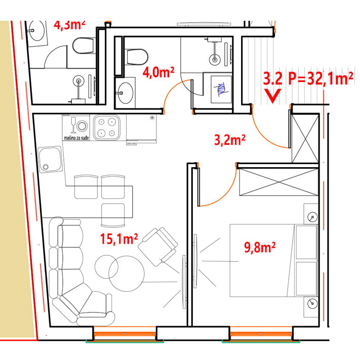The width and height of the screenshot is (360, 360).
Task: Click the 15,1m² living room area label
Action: point(119,239)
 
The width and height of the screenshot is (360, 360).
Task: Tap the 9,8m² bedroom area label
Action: point(260,247)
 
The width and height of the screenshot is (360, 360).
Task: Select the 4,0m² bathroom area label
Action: point(158,72)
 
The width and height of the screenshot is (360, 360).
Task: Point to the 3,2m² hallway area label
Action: point(229,140)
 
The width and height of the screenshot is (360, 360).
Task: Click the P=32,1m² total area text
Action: point(321,78)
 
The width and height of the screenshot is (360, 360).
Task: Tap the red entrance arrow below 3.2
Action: point(272,96)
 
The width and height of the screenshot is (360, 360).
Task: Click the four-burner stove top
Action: point(107,128)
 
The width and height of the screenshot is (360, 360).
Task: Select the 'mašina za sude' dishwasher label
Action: point(76,138)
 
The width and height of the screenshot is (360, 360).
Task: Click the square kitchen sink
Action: point(50,159)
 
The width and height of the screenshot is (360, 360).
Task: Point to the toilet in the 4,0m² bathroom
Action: point(137,57)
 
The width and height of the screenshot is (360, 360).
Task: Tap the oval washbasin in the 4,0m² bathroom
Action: point(125,93)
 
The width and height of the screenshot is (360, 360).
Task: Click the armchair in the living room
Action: point(158,247)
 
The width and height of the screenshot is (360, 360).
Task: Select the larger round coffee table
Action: point(127,274)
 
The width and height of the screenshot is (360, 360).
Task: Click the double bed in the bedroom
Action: point(274,260)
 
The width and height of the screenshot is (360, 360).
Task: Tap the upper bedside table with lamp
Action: point(311,214)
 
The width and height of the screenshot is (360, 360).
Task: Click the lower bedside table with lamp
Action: point(311,307)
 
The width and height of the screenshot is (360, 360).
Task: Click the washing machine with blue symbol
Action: point(221,89)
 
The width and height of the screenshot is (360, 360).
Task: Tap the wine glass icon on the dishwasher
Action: point(73,125)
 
